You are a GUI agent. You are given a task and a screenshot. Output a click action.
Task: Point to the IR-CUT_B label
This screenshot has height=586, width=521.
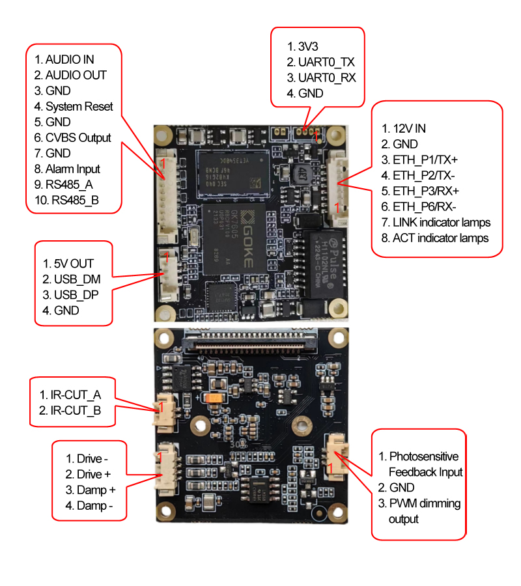(x=76, y=410)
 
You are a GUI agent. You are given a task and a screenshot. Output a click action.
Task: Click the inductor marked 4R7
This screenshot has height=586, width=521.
(x=302, y=174)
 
